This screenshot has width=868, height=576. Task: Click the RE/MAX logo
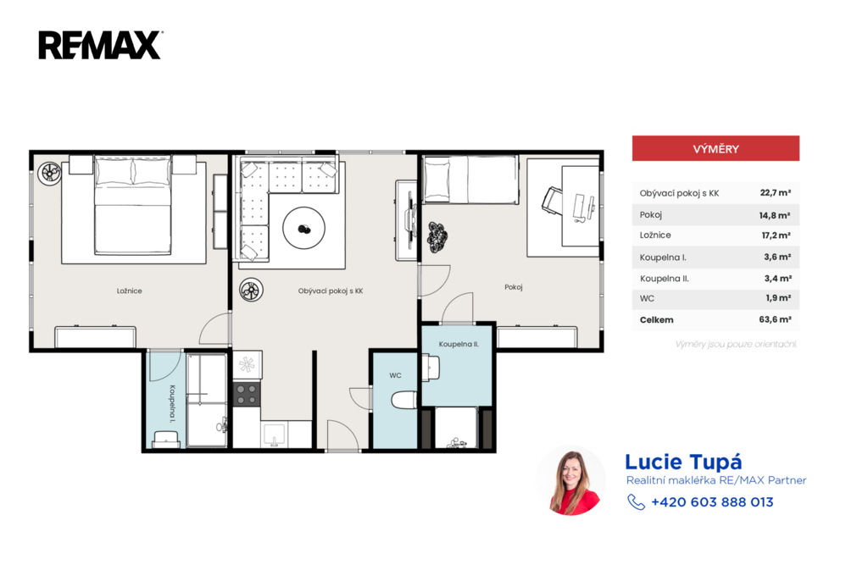click(100, 45)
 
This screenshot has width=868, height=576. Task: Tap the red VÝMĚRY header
click(715, 148)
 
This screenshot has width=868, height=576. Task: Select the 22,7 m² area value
click(775, 192)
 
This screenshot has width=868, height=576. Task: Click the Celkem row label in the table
click(657, 320)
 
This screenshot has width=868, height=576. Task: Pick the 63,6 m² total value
click(775, 319)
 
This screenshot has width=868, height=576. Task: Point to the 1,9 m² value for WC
click(778, 297)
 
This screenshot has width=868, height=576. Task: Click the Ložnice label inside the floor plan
click(129, 291)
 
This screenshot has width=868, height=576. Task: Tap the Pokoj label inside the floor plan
click(513, 287)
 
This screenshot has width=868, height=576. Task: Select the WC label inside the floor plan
click(395, 375)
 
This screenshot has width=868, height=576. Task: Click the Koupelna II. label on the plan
click(459, 344)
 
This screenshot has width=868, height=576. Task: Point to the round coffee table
click(304, 228)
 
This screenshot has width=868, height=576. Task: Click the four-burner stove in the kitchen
click(247, 393)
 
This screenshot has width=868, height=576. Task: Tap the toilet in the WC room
click(404, 400)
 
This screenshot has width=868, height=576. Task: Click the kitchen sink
click(274, 435)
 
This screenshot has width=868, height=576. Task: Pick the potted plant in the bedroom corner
click(49, 173)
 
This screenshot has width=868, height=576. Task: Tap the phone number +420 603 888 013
click(712, 501)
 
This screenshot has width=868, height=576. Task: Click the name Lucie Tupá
click(683, 462)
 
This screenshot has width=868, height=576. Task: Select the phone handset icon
click(636, 501)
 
